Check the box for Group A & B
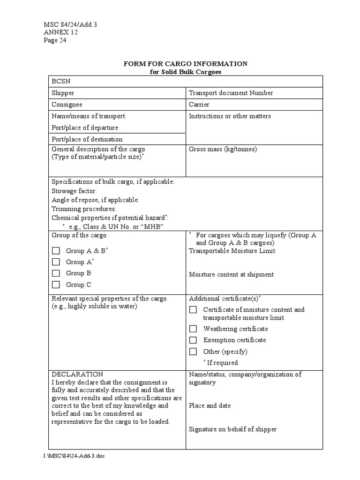(x=56, y=251)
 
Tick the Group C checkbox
(x=56, y=285)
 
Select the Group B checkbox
(x=56, y=273)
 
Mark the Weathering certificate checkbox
(x=193, y=329)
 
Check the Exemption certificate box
(x=193, y=340)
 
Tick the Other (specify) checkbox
(x=193, y=352)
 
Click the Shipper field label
(x=63, y=93)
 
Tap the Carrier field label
(x=199, y=105)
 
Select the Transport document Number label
(x=231, y=93)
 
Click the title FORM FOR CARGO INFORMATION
(x=185, y=64)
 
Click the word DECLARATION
(x=77, y=374)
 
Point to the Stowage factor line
(x=74, y=191)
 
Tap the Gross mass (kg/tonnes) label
(x=223, y=150)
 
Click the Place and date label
(x=210, y=405)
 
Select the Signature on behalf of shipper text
(x=232, y=429)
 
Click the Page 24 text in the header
(x=55, y=40)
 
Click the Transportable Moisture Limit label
(x=232, y=251)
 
